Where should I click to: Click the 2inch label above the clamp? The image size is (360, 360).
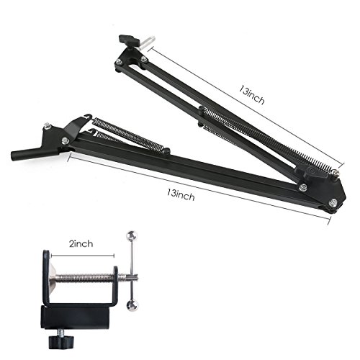pyautogui.click(x=81, y=244)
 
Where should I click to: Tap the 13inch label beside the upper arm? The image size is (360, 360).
pyautogui.click(x=251, y=95)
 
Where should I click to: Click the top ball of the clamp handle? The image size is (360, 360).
pyautogui.click(x=132, y=235)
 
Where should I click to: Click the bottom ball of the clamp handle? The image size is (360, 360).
pyautogui.click(x=132, y=306)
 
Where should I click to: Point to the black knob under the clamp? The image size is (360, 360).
pyautogui.click(x=61, y=342)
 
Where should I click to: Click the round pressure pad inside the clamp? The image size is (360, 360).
pyautogui.click(x=53, y=277)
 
